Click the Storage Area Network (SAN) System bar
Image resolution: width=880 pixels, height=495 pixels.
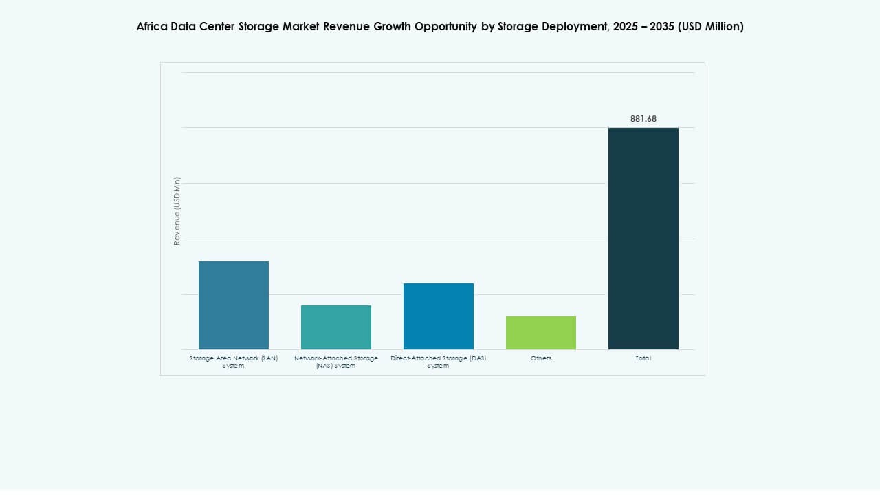(234, 305)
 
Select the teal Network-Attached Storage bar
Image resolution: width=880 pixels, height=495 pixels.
(336, 327)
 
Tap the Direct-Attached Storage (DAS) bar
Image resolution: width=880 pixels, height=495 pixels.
(439, 316)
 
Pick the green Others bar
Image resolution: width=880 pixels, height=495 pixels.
(541, 333)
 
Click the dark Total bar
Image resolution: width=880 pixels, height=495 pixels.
(643, 239)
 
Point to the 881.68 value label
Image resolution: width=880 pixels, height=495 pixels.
(643, 119)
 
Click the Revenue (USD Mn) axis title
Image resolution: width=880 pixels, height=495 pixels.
(177, 211)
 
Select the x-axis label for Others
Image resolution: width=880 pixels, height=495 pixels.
(541, 358)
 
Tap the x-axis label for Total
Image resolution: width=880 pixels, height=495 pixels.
(643, 358)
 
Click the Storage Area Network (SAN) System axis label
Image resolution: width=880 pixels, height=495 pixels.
(234, 362)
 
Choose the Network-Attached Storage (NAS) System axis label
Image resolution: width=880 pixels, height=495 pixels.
(336, 362)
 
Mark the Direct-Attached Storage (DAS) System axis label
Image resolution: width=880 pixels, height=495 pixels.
(439, 362)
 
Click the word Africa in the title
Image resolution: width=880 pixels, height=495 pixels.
(151, 27)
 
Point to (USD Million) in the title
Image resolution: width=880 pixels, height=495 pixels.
(711, 27)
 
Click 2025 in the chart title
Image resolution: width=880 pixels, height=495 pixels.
(611, 27)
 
